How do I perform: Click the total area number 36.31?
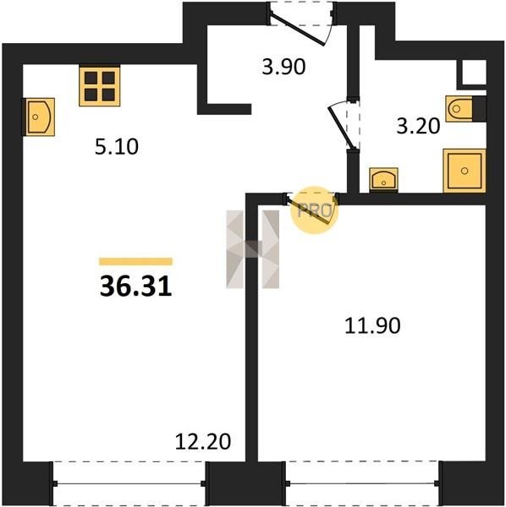tap(135, 286)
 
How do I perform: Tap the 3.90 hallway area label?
tap(283, 67)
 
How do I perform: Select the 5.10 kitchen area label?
tap(117, 146)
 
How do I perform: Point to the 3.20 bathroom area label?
tap(418, 126)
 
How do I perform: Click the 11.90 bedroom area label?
tap(372, 325)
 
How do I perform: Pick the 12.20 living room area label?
tap(203, 441)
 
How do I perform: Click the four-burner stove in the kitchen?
tap(99, 86)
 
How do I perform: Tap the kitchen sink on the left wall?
tap(39, 117)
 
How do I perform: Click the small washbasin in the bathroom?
tap(383, 180)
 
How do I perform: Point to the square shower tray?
tap(465, 171)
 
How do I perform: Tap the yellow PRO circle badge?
tap(314, 210)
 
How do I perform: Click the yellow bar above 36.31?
tap(135, 261)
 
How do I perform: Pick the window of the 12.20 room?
tap(129, 483)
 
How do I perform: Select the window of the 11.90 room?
tap(362, 483)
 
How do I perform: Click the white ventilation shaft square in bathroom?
tap(474, 73)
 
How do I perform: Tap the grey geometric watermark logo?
tap(252, 249)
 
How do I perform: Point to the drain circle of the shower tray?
tap(465, 171)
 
